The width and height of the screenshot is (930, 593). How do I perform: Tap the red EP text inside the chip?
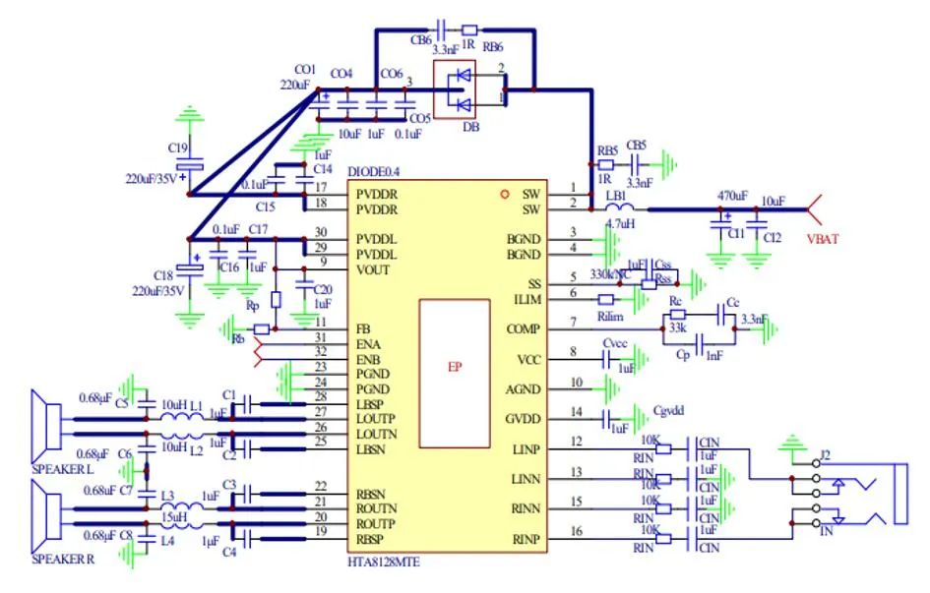pos(455,367)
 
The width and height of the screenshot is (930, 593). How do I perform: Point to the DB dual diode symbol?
pos(456,89)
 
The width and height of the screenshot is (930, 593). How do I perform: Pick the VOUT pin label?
pos(375,269)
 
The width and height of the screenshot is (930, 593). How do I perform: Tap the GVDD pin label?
pos(523,419)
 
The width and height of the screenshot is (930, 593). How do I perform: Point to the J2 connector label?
pos(824,454)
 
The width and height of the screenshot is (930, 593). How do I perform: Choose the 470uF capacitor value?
pos(732,196)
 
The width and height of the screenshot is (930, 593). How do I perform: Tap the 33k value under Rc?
pos(677,327)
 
